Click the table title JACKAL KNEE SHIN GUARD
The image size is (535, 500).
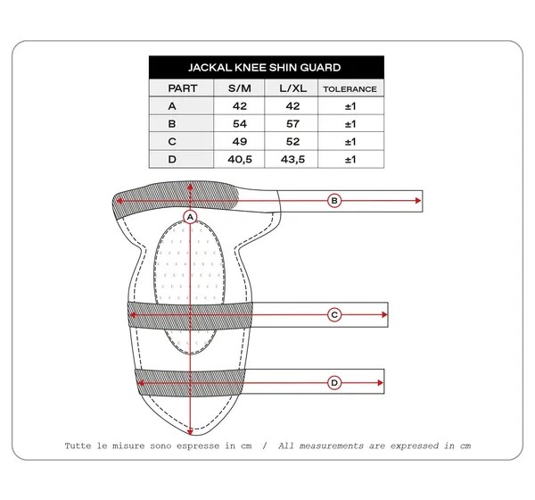coord(265,67)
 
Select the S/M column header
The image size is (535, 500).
coord(240,88)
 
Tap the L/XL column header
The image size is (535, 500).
coord(292,88)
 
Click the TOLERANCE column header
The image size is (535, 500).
coord(350,89)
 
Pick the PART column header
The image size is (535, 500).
coord(183,88)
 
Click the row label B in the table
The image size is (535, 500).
coord(172,124)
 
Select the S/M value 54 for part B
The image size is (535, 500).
coord(240,124)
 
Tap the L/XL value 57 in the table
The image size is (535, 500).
coord(292,124)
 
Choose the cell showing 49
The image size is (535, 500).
coord(240,141)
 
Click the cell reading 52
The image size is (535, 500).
coord(292,141)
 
